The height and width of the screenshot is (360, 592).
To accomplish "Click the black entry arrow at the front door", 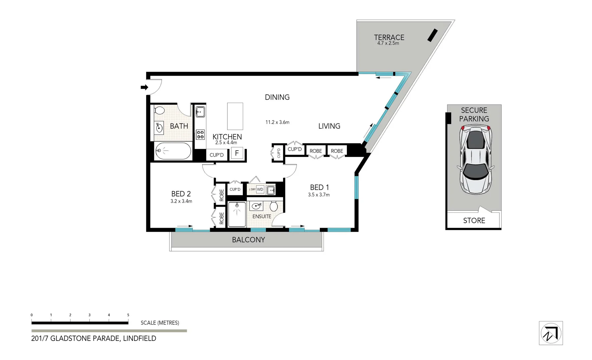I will [144, 87].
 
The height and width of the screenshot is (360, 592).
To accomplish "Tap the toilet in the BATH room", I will [159, 111].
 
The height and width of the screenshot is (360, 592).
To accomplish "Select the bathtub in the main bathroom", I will [173, 151].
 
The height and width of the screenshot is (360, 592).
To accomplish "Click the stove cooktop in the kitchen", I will [200, 135].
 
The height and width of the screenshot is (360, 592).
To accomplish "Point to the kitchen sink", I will [200, 112].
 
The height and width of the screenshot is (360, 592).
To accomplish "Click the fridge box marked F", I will [237, 153].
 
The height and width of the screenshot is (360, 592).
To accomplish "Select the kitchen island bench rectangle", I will [235, 116].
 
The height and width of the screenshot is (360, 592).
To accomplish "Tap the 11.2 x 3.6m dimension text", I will [277, 122].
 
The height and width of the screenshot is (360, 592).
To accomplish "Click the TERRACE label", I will [389, 37].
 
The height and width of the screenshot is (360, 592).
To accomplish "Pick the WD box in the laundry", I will [260, 189].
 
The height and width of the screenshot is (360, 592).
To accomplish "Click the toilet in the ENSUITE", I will [274, 206].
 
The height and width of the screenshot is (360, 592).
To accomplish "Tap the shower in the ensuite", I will [237, 214].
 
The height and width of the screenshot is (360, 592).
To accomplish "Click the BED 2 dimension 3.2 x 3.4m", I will [181, 201].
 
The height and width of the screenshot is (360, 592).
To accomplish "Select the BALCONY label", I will [248, 240].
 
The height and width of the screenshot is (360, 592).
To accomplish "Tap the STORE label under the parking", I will [474, 220].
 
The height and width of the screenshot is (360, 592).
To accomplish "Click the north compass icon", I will [551, 333].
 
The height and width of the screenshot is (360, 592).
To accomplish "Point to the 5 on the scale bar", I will [128, 315].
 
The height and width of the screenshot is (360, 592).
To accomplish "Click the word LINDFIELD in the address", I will [139, 338].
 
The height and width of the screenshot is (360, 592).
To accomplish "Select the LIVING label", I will [329, 126].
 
